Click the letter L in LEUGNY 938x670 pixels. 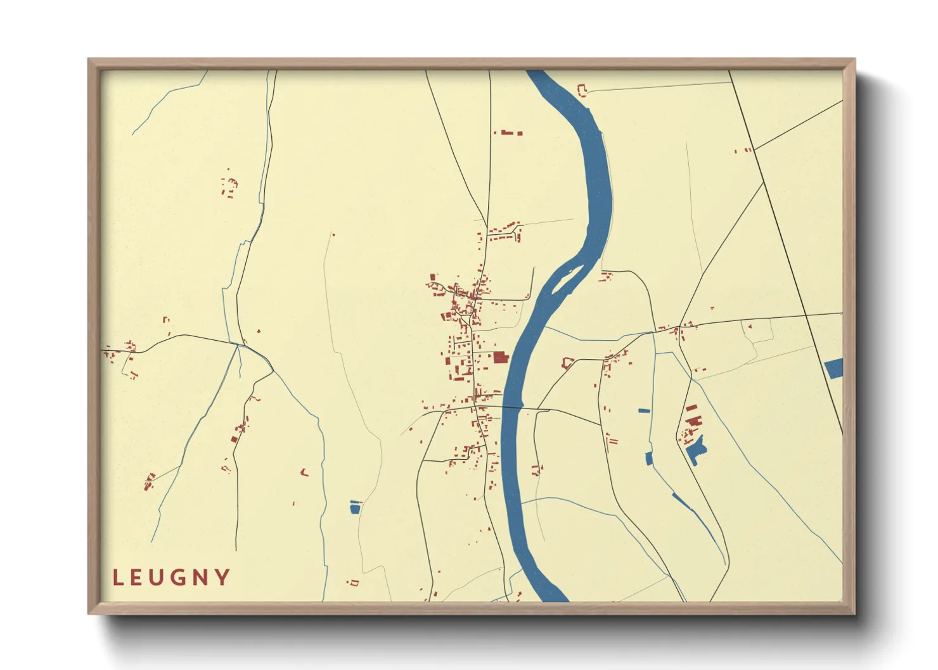[x=117, y=578]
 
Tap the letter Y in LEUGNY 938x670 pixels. [x=222, y=578]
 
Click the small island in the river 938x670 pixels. [x=568, y=279]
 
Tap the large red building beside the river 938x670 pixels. [x=501, y=357]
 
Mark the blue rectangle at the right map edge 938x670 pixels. [x=835, y=368]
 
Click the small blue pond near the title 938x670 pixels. [x=355, y=507]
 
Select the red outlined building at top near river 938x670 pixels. [x=582, y=89]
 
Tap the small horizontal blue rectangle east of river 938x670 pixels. [x=643, y=410]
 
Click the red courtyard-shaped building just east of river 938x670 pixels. [x=568, y=363]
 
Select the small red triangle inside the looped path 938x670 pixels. [x=750, y=327]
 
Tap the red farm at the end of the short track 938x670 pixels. [x=150, y=481]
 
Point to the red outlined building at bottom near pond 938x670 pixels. [x=354, y=582]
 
